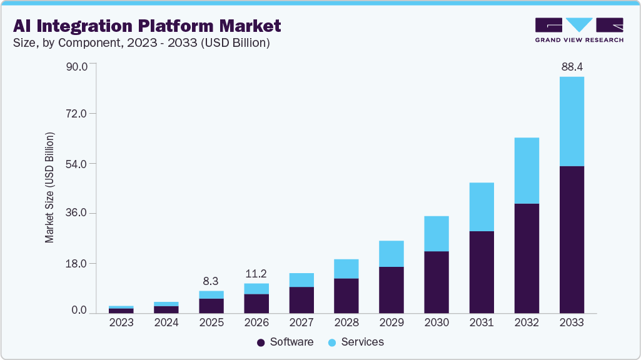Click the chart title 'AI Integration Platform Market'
point(147,26)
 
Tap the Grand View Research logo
point(578,30)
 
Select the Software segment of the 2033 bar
point(572,239)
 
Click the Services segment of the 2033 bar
point(572,121)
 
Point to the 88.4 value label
point(572,66)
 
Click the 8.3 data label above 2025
point(211,281)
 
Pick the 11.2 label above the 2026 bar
point(256,273)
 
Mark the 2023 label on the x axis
point(121,322)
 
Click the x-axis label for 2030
point(437,322)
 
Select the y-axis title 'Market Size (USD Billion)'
point(49,187)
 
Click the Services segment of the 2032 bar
point(527,171)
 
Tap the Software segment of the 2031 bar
point(482,272)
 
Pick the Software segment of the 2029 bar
point(391,290)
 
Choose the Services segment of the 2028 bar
point(346,269)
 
